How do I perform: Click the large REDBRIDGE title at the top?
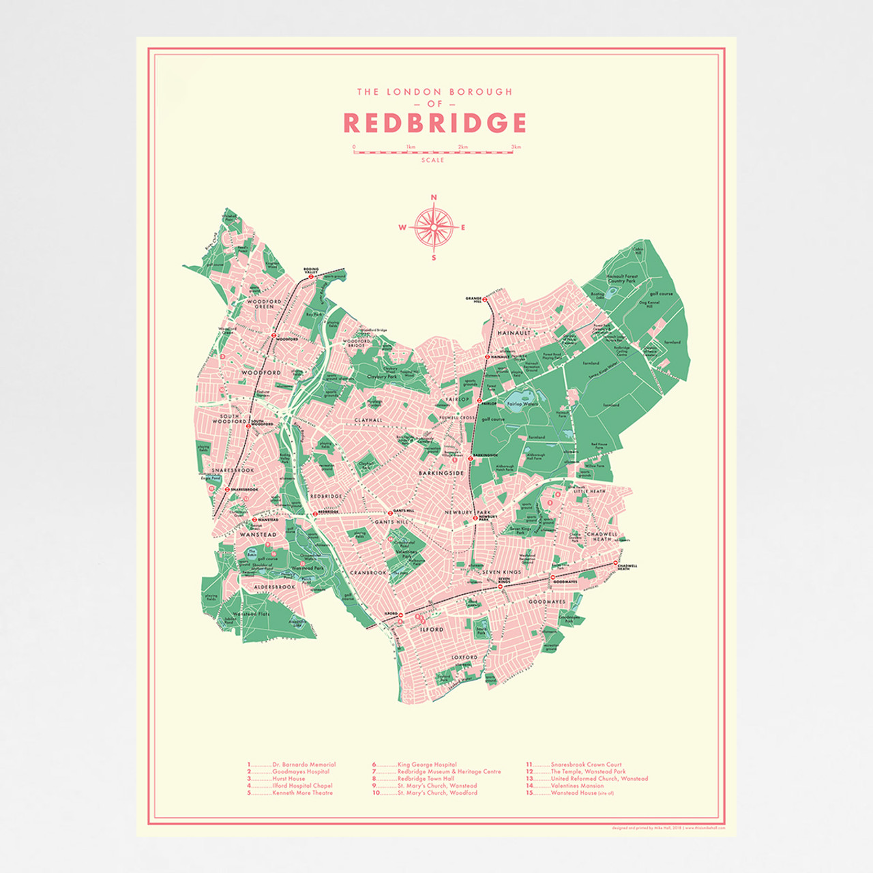[x=434, y=123]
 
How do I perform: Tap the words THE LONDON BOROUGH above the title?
[x=434, y=91]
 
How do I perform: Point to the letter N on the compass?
[x=434, y=198]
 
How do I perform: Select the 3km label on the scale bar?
[x=516, y=147]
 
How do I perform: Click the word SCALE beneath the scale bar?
[x=432, y=160]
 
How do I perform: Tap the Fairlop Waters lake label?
[x=522, y=404]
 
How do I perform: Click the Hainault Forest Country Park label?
[x=622, y=278]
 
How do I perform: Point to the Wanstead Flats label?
[x=251, y=614]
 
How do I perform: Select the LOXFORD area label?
[x=465, y=657]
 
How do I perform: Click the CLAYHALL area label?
[x=368, y=421]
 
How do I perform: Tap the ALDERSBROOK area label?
[x=275, y=587]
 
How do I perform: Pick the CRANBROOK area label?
[x=368, y=572]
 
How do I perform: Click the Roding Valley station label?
[x=311, y=270]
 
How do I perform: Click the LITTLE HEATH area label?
[x=589, y=491]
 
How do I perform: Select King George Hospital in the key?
[x=427, y=765]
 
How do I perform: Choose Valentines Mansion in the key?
[x=577, y=786]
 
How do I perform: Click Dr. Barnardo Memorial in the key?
[x=304, y=765]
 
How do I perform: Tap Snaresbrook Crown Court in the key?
[x=586, y=765]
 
